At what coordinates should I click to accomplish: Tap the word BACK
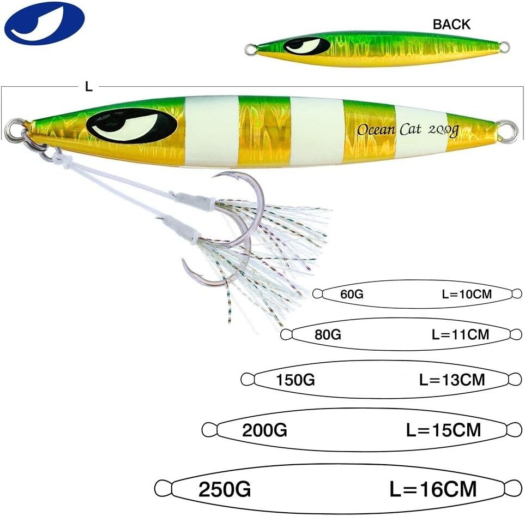[451, 25]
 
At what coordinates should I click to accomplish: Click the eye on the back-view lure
[307, 46]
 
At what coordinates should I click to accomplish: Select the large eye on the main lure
[131, 126]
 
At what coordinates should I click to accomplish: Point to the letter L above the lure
[89, 87]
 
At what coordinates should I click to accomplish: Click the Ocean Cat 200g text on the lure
[407, 130]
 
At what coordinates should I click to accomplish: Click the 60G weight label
[352, 294]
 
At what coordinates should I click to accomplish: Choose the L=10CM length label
[467, 294]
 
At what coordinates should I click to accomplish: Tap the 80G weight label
[328, 334]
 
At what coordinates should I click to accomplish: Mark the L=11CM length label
[460, 334]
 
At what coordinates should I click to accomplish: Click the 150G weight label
[295, 380]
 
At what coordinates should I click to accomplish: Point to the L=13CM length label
[452, 380]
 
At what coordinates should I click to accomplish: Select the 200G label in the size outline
[264, 430]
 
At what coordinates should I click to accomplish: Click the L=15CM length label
[444, 430]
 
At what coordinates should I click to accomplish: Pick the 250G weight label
[225, 489]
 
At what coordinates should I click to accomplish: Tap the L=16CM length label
[433, 489]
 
